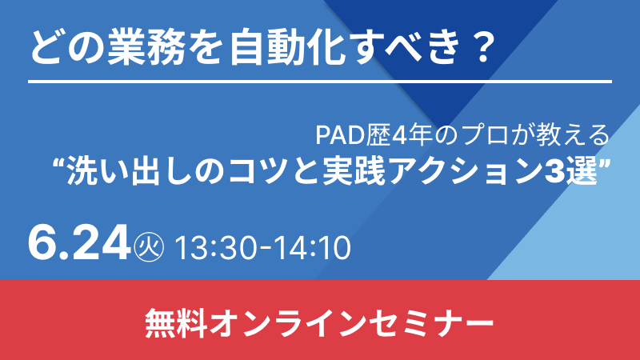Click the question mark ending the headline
484,47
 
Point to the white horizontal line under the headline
320,82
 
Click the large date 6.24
78,243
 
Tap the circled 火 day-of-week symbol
149,247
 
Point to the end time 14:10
311,248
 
